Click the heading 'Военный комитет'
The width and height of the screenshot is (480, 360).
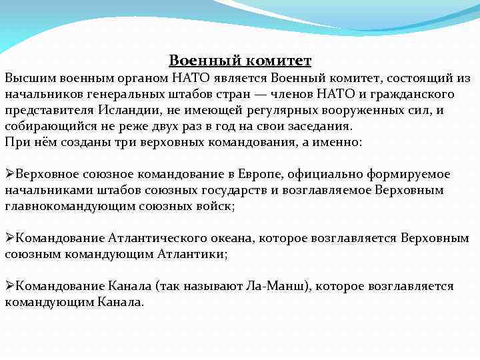pos(240,61)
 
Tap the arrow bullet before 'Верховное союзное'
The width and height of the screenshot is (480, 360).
pos(9,174)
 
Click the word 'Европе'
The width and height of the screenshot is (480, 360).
pos(265,174)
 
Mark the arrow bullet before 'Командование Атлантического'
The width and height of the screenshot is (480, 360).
pos(9,238)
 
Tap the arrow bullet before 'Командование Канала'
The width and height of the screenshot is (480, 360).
pos(9,286)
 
